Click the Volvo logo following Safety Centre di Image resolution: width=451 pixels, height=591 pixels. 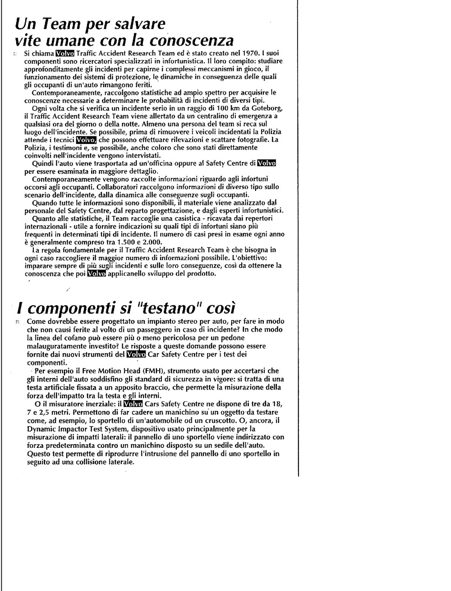267,163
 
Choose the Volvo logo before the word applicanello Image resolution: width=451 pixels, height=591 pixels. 97,274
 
